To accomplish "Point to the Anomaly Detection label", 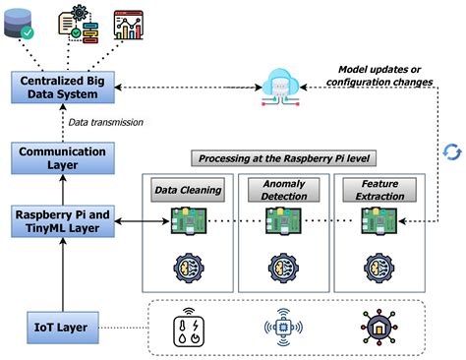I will coord(283,189).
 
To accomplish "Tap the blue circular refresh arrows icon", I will coord(451,152).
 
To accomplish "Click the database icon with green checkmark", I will coord(22,26).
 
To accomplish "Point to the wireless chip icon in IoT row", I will coord(282,327).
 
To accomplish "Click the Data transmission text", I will coord(106,122).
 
